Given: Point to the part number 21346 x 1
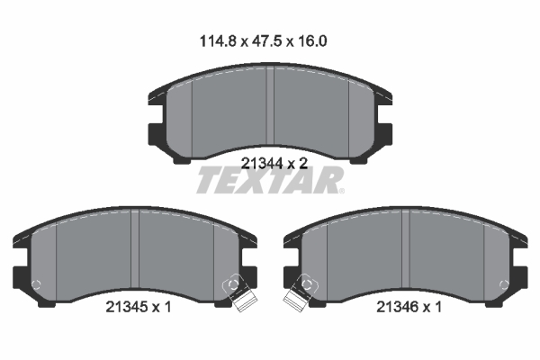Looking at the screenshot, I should point(407,306).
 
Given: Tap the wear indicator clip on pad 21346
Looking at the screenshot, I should point(297,294).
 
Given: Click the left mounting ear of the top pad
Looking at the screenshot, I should point(153,135).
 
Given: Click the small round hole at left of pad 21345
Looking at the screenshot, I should point(36,285).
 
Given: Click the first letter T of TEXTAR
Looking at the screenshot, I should point(208,180).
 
